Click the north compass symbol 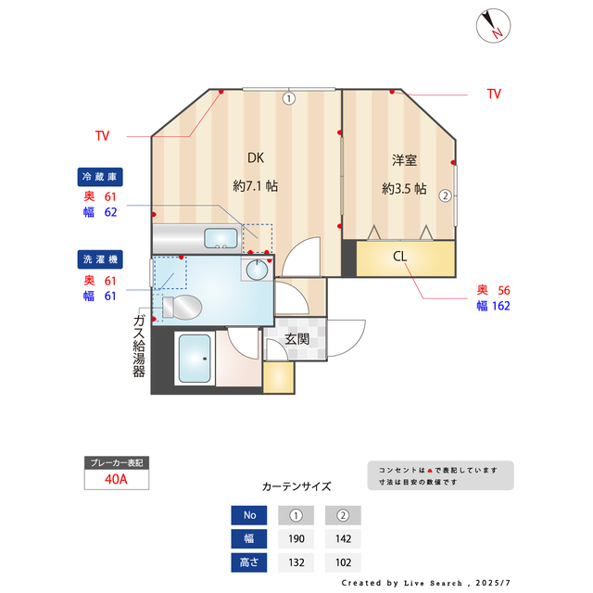[493, 25]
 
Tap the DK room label [256, 157]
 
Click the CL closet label [400, 257]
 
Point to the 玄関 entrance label [296, 339]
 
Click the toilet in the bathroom [181, 306]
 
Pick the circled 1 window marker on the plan [289, 97]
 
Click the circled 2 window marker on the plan [446, 196]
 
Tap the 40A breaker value [117, 479]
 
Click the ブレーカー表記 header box [116, 461]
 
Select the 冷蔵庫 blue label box [100, 176]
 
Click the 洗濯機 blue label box [100, 259]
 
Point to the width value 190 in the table [296, 539]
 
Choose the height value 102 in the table [343, 562]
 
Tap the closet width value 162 [500, 306]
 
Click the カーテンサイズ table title [296, 486]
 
